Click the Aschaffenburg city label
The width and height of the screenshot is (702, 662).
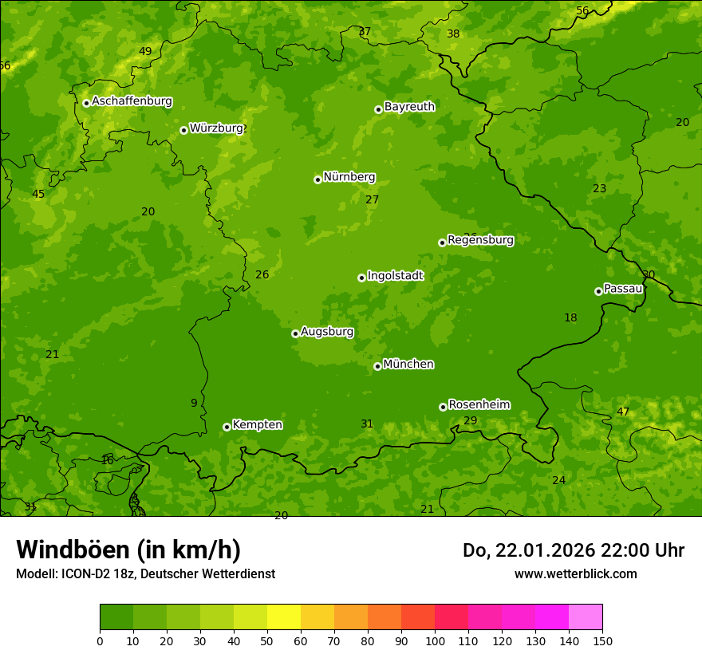pyautogui.click(x=132, y=101)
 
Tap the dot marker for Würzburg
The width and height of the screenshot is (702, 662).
pyautogui.click(x=183, y=130)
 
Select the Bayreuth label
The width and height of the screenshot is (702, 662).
pyautogui.click(x=409, y=107)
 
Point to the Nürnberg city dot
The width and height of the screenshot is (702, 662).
pyautogui.click(x=317, y=179)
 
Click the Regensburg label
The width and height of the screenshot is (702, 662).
pyautogui.click(x=480, y=240)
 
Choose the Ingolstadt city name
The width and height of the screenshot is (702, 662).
pyautogui.click(x=395, y=276)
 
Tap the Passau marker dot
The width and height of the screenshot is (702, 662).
pyautogui.click(x=598, y=291)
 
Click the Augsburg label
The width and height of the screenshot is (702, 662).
pyautogui.click(x=327, y=332)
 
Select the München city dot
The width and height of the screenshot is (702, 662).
pyautogui.click(x=377, y=366)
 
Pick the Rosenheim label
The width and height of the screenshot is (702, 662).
pyautogui.click(x=479, y=404)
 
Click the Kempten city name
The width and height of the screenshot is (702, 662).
pyautogui.click(x=257, y=425)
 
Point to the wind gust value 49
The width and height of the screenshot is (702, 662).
pyautogui.click(x=145, y=52)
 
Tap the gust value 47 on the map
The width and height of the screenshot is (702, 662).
pyautogui.click(x=623, y=412)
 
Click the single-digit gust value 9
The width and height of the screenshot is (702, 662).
pyautogui.click(x=194, y=404)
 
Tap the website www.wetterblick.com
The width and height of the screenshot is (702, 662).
pyautogui.click(x=575, y=574)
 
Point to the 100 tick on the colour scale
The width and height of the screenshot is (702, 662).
pyautogui.click(x=435, y=640)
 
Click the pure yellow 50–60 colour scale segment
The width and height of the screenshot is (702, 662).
pyautogui.click(x=284, y=617)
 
